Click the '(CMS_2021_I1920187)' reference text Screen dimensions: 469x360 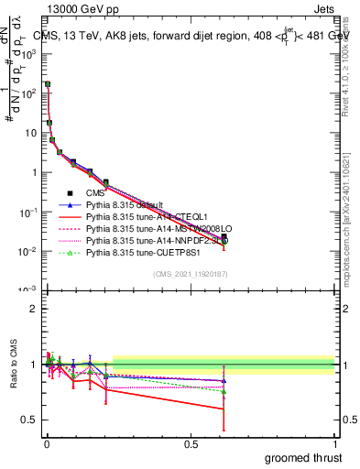[191, 274]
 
